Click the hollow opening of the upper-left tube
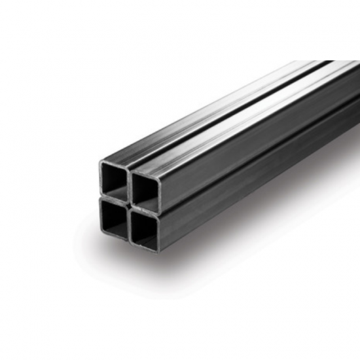115,178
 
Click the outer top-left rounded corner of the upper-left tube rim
101,161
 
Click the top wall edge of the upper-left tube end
116,164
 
